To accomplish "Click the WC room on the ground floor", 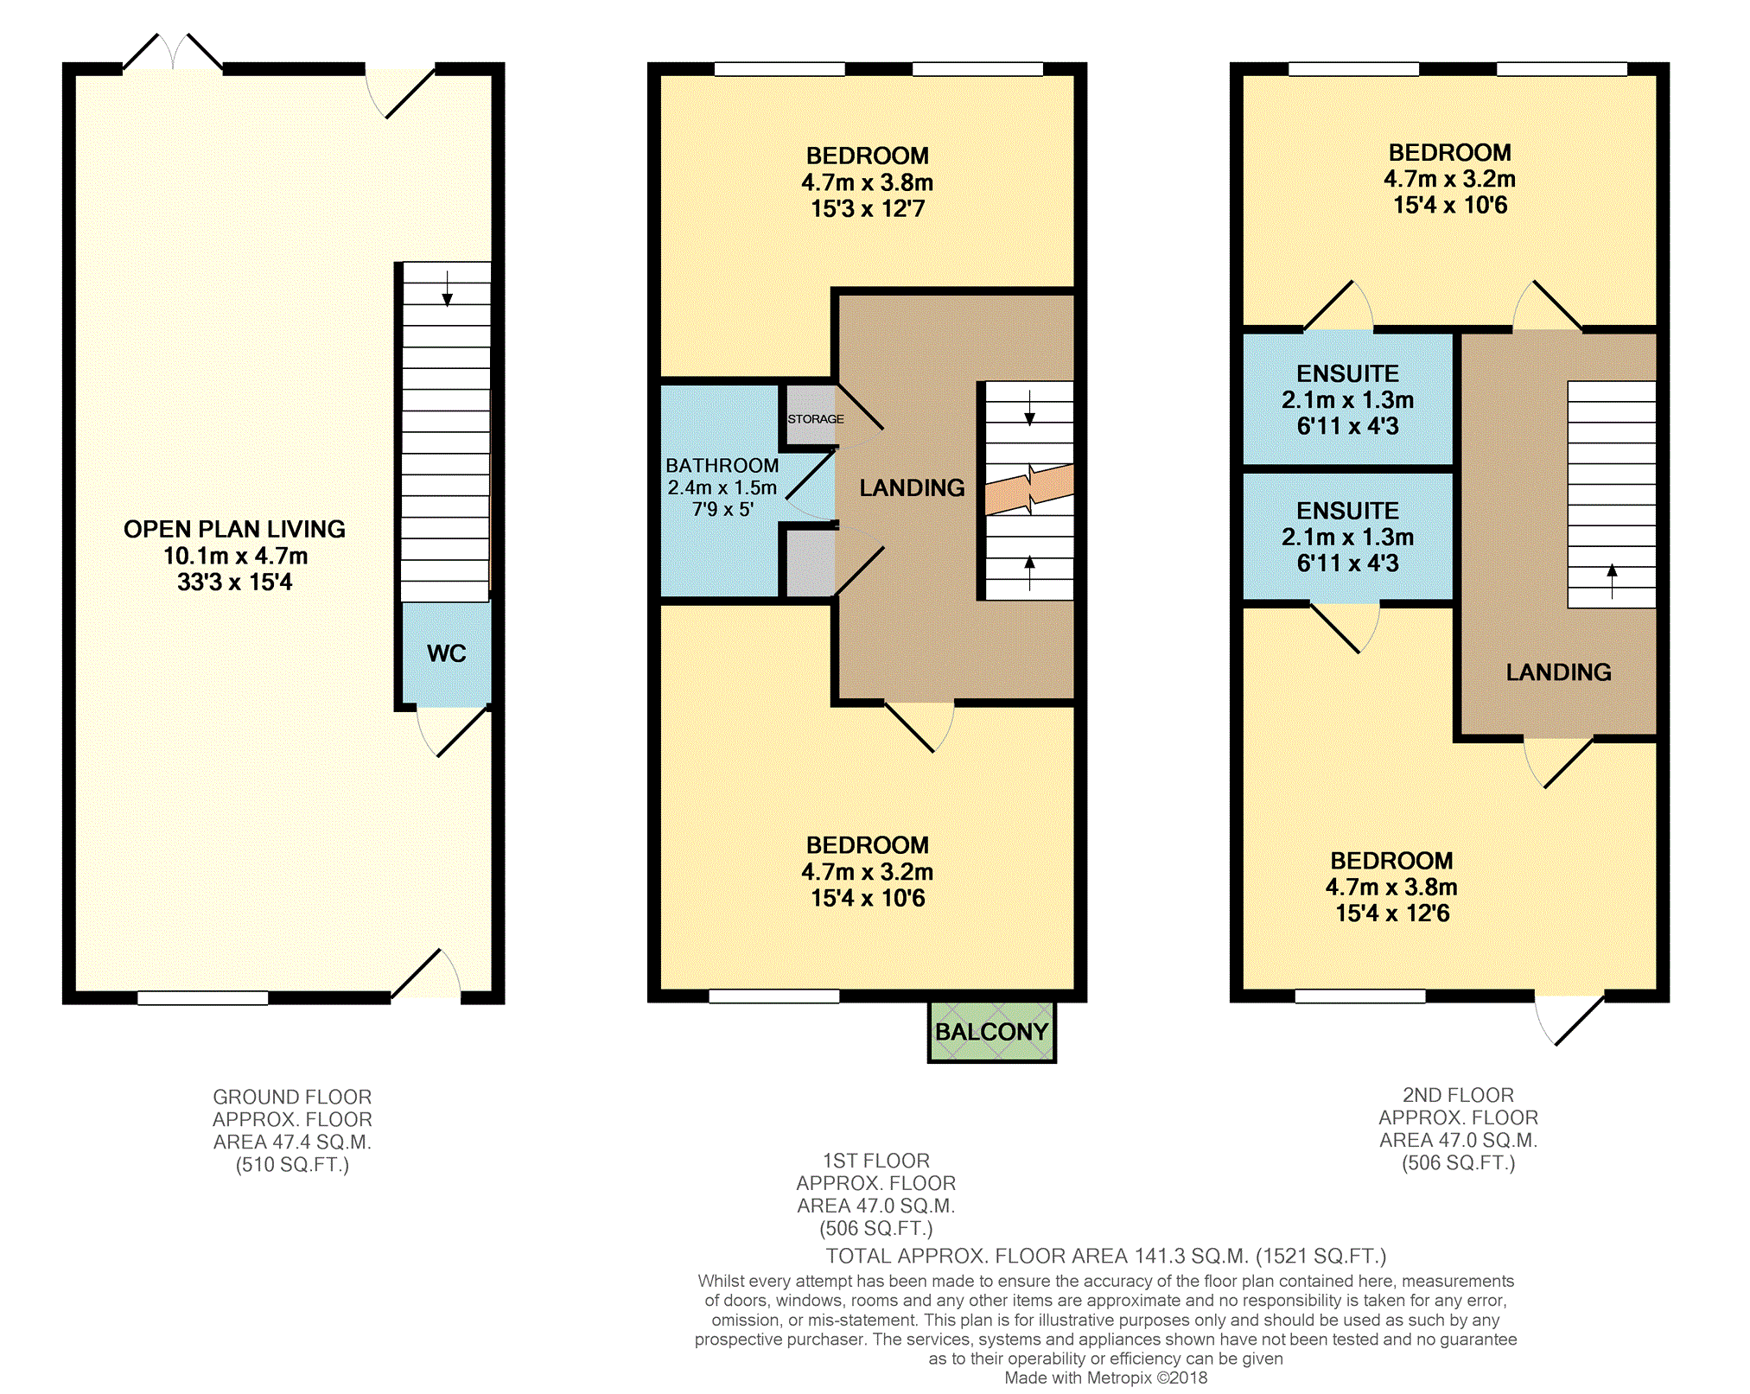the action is [446, 653].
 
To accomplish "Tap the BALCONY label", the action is [991, 1032].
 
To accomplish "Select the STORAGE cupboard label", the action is [815, 419].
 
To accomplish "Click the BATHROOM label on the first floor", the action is [722, 466].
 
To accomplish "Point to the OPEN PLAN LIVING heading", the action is [234, 529].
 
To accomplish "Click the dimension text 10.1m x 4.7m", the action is [235, 556].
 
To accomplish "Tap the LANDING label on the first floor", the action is [912, 488].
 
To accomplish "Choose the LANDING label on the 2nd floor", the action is [1558, 672].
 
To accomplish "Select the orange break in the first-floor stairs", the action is [1029, 488].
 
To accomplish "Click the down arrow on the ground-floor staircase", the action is [447, 289].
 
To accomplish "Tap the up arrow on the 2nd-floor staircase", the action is [1612, 581].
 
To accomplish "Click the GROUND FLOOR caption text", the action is [292, 1097].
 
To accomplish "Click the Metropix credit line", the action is [1105, 1378].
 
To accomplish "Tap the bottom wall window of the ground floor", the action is [203, 998].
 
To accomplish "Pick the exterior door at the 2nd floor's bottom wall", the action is [1569, 1019].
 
